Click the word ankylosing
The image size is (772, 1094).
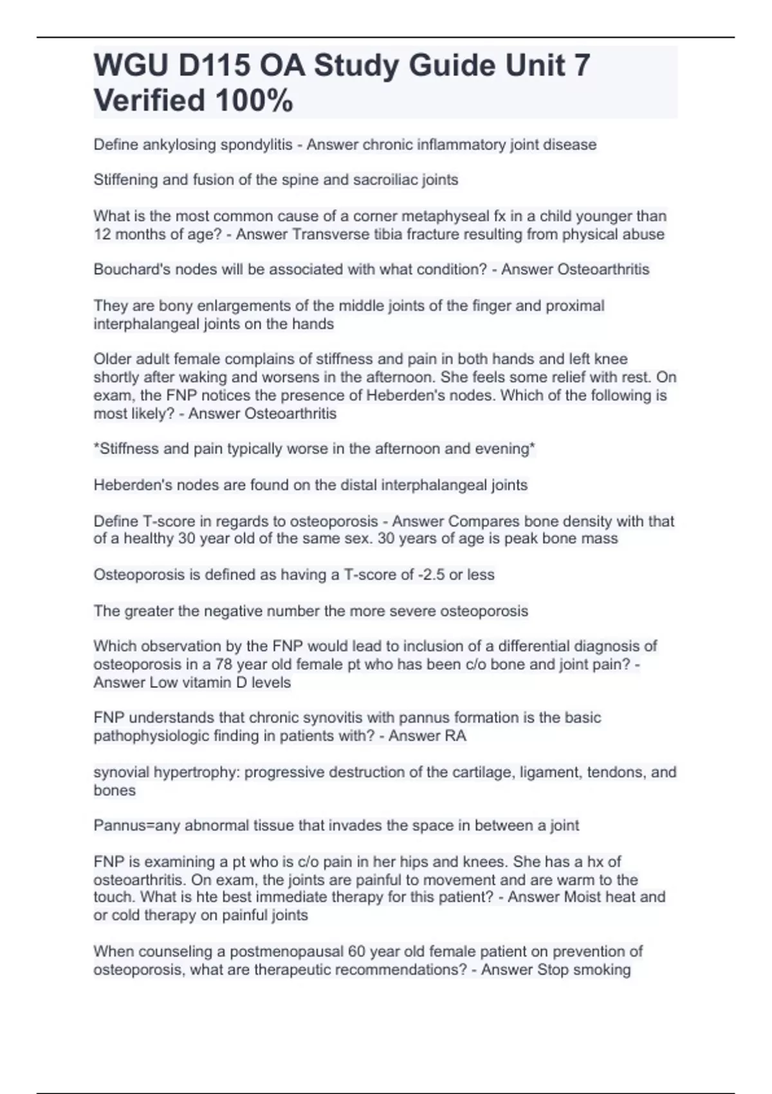179,145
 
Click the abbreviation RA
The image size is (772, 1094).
455,736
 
